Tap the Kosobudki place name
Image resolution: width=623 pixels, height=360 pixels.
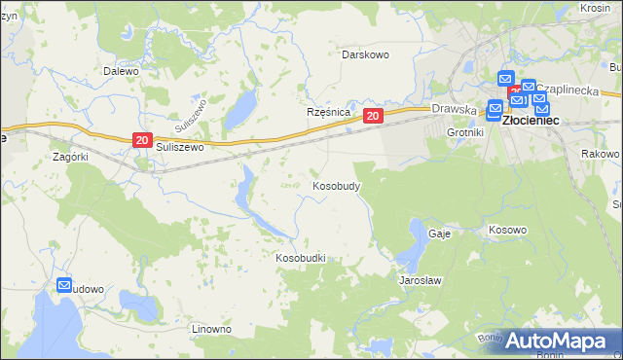(x=300, y=258)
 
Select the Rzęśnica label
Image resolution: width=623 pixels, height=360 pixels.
(x=328, y=112)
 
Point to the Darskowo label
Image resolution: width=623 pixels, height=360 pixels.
(x=365, y=54)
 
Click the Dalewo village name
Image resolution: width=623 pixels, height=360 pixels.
(x=122, y=71)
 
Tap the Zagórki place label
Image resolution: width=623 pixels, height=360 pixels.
(x=70, y=156)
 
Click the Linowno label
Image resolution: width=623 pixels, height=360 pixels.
(x=211, y=329)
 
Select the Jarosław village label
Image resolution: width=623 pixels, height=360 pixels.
(x=421, y=279)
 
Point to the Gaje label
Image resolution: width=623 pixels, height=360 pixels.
(x=438, y=234)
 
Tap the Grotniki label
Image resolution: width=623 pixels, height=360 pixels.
(x=464, y=131)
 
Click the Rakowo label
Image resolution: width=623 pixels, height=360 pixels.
(x=599, y=154)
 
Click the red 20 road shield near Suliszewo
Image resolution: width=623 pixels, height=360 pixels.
(x=142, y=141)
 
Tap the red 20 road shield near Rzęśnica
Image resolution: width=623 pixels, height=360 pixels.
(x=373, y=117)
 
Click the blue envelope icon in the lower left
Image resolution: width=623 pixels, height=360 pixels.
(x=65, y=286)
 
